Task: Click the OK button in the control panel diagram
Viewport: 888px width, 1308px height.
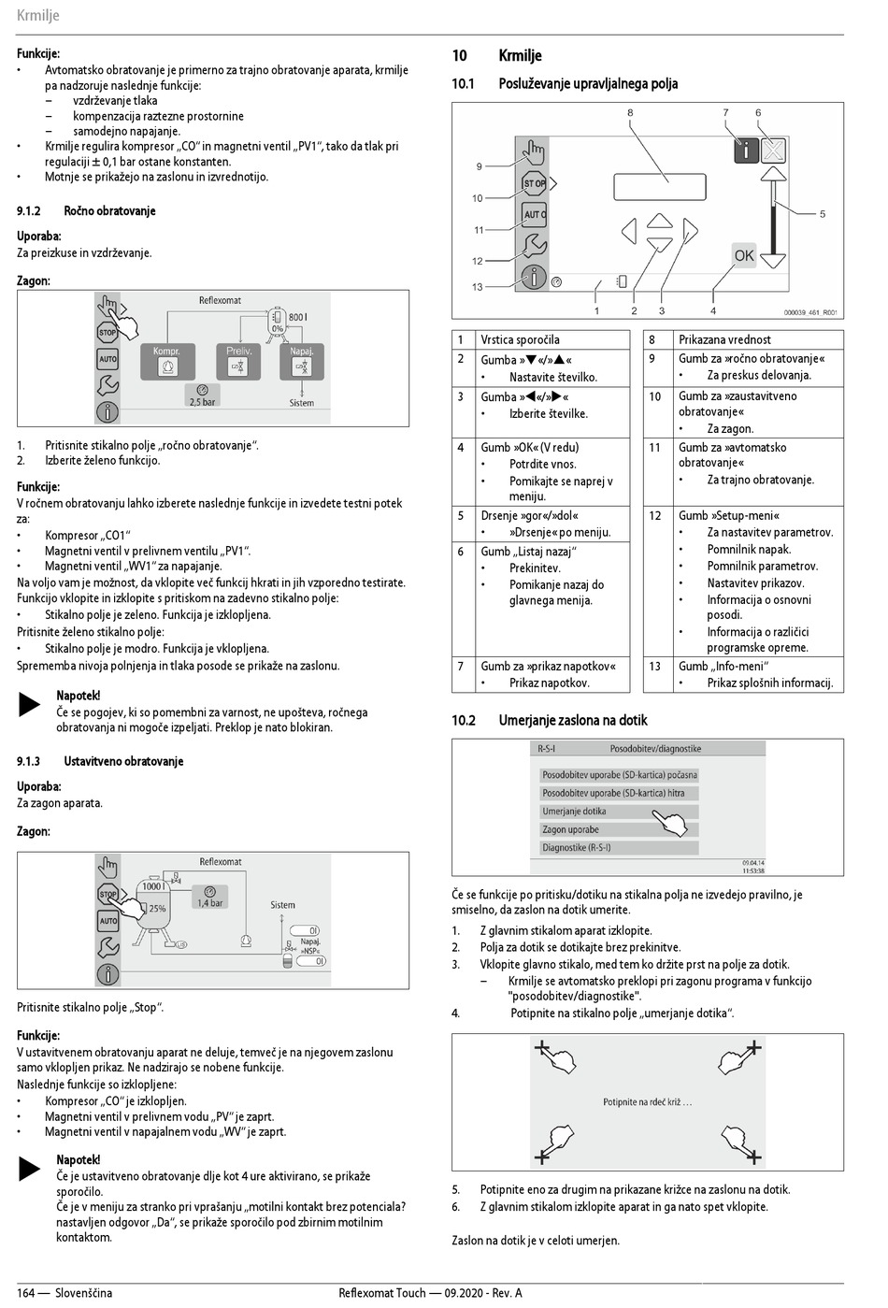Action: (743, 255)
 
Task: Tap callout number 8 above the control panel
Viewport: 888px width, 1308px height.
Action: (630, 113)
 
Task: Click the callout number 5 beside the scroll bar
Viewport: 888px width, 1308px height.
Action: (823, 214)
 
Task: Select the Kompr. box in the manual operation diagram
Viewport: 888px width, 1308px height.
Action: (166, 361)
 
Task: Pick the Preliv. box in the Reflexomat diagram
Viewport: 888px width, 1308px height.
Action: (239, 361)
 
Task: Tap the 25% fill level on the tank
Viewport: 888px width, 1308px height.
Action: (157, 908)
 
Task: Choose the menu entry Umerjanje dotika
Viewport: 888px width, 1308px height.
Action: (574, 812)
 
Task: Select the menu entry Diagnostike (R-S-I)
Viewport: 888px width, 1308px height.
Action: (576, 848)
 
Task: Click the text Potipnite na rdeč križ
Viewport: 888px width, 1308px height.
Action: (647, 1102)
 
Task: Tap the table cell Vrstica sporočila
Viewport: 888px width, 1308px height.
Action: (520, 339)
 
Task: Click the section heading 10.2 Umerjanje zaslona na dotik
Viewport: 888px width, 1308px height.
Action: (550, 720)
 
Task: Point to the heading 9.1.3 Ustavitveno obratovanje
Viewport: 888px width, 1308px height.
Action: (100, 761)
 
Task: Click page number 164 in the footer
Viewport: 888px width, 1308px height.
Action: (25, 1293)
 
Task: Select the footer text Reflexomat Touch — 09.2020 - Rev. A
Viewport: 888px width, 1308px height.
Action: (430, 1293)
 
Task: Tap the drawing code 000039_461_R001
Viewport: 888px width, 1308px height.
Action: (810, 313)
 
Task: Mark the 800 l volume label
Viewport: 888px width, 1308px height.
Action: (297, 317)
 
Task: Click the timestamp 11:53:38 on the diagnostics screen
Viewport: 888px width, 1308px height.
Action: (753, 870)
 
